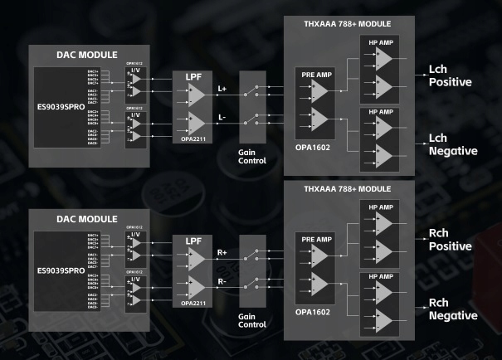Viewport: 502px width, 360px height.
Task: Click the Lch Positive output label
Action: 451,75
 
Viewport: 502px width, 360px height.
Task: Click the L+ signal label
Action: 222,88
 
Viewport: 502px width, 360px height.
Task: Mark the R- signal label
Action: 222,281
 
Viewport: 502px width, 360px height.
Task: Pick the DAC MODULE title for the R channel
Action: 80,218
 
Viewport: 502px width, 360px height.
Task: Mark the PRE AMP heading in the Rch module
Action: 316,238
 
